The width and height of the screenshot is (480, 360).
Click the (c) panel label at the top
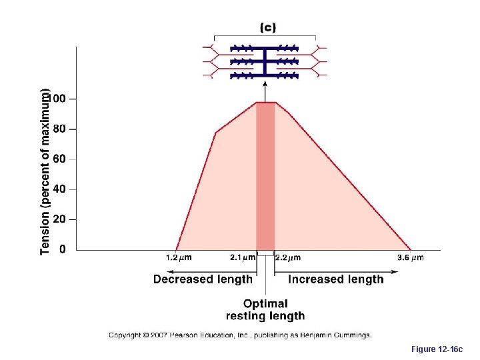pos(267,27)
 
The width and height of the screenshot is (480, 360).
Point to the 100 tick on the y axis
pos(59,99)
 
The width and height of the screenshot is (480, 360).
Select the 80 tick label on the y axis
pos(59,129)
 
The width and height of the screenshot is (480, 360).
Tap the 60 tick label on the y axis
pos(59,159)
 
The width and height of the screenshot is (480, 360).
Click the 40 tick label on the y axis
pos(59,189)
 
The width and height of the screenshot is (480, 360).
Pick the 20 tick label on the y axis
pos(59,219)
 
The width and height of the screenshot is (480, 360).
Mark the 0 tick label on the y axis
pos(63,249)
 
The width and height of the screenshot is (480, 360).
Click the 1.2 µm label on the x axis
pos(179,257)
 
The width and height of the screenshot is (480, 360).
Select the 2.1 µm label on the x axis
pos(243,257)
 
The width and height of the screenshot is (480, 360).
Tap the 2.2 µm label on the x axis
pos(288,257)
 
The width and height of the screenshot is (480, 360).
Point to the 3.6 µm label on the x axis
pos(410,257)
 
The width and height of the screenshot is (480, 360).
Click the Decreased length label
pos(203,279)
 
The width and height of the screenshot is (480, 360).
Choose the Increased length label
pos(336,279)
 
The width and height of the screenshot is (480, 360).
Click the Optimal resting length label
pos(265,309)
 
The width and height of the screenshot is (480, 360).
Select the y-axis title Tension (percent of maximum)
pos(45,171)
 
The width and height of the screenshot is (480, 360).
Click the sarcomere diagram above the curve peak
pos(265,61)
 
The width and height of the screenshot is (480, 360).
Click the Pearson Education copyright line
pos(240,335)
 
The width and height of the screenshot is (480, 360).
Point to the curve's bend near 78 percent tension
pos(216,133)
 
